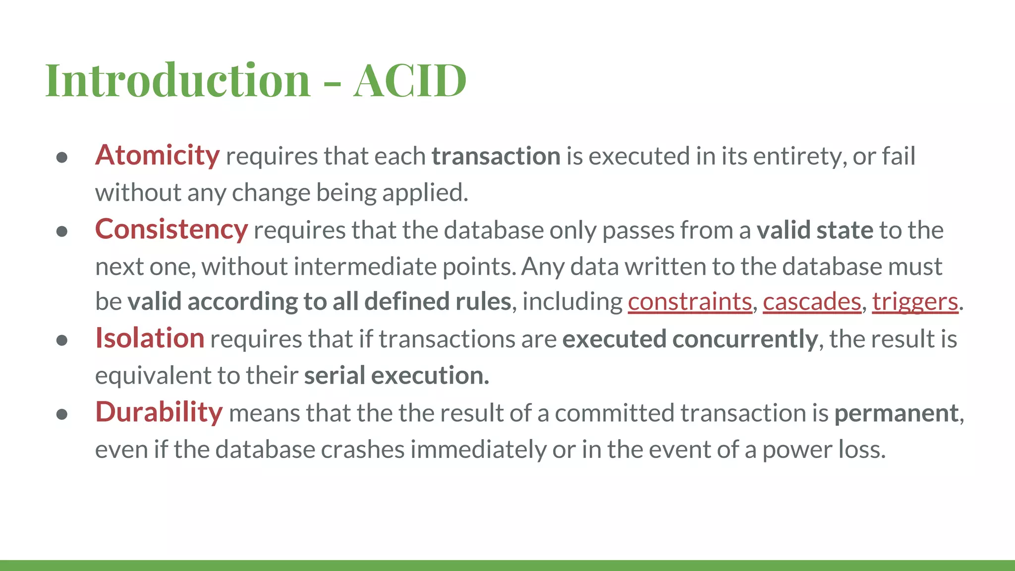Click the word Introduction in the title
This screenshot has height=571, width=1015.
177,80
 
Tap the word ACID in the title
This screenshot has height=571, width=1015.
410,80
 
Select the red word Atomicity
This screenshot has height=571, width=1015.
157,156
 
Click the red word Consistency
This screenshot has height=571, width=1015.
171,230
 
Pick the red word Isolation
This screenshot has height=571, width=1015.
149,339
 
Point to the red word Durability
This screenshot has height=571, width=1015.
159,413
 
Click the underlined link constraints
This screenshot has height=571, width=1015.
690,302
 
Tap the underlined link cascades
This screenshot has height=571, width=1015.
812,302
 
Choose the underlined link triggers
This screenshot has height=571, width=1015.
915,302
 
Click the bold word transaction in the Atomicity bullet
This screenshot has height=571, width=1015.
496,157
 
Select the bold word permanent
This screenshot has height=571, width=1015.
897,413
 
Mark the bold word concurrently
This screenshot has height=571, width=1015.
745,340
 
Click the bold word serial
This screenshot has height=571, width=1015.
335,376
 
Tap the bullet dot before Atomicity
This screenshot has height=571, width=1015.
62,158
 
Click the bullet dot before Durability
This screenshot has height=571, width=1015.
62,414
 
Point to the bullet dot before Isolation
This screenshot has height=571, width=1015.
62,341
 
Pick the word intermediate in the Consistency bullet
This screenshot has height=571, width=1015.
365,267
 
